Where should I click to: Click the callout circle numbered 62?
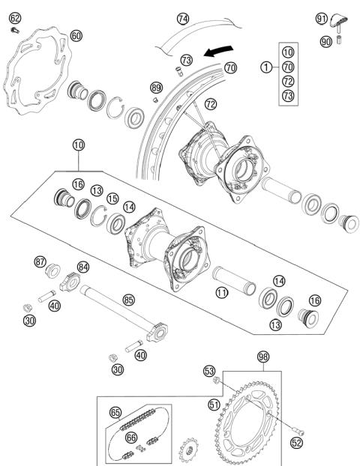click(15, 18)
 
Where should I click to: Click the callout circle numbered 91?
click(322, 18)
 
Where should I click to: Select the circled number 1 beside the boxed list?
click(265, 67)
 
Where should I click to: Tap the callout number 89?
click(156, 88)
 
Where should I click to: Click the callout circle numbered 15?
click(112, 199)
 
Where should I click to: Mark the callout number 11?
click(222, 294)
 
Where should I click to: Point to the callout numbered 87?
click(40, 261)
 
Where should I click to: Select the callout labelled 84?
click(82, 266)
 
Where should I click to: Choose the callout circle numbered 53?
click(210, 370)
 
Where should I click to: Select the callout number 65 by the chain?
click(115, 412)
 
